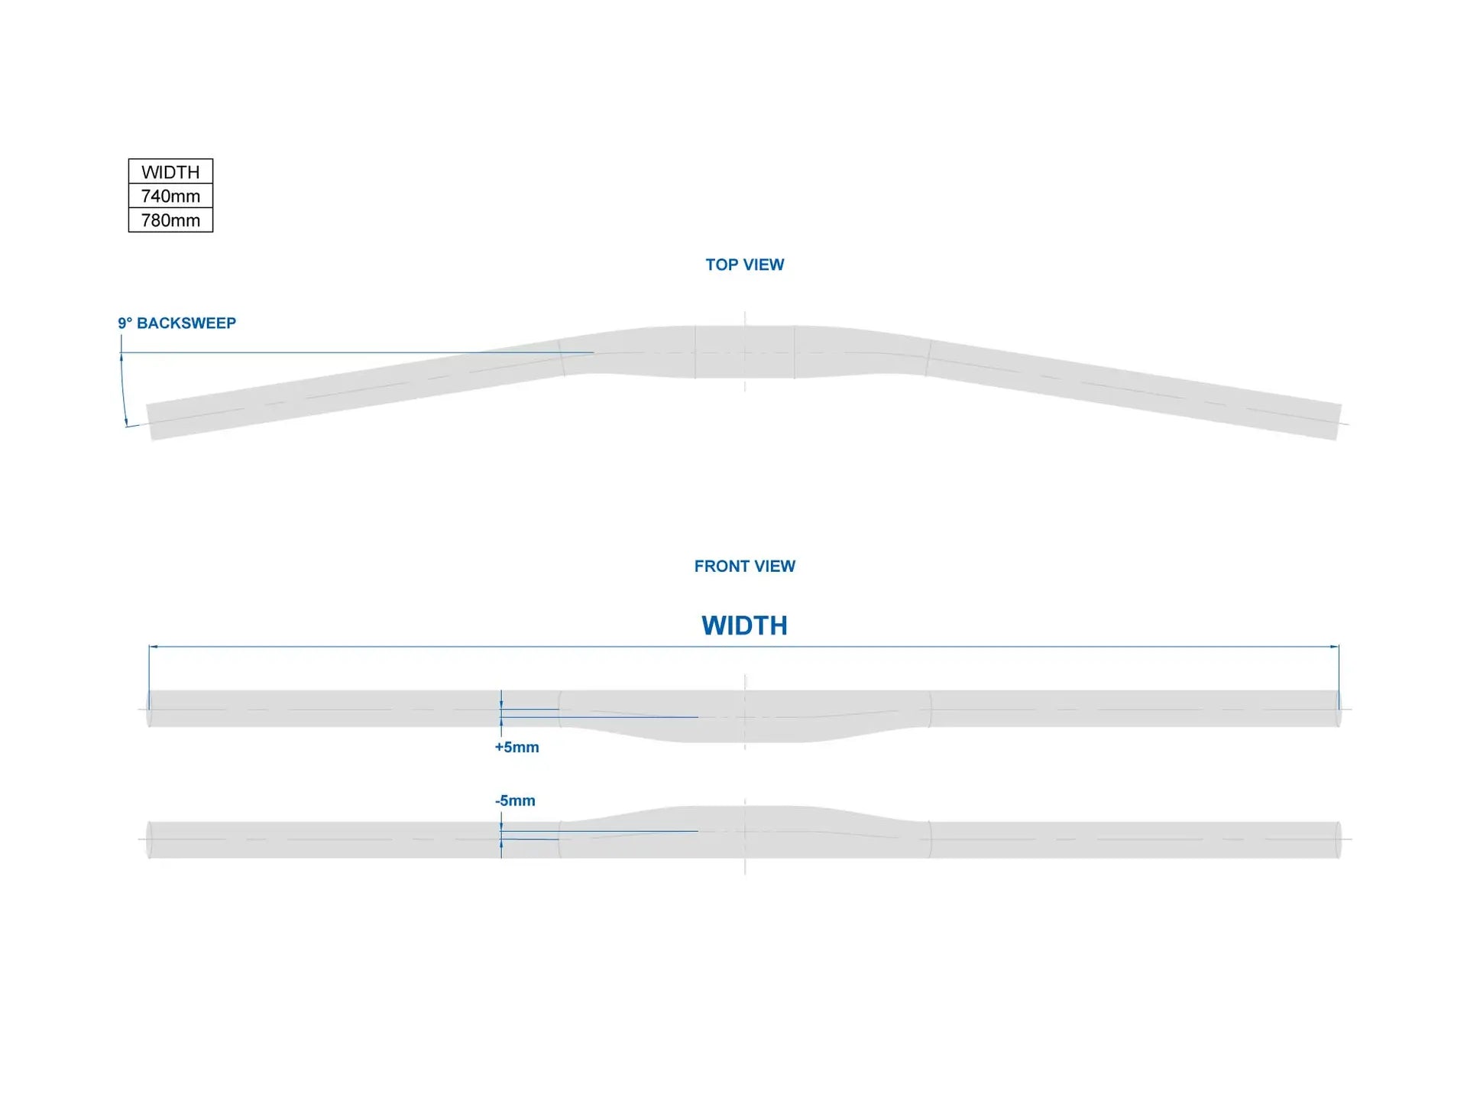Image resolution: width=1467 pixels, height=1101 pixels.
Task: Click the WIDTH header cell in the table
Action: [170, 172]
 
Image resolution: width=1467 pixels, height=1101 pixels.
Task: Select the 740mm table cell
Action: [170, 196]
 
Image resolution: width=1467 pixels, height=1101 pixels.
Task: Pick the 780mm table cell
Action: [170, 220]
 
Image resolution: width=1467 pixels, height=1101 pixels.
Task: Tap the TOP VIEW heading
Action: [744, 265]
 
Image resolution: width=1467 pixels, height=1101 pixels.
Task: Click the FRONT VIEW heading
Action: [744, 567]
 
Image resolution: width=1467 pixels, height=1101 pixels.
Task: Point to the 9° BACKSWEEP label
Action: [176, 323]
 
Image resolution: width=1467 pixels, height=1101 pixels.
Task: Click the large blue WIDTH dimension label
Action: [744, 625]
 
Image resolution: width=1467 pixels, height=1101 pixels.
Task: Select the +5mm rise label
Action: [517, 747]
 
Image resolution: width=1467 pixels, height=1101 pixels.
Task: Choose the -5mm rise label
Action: [515, 801]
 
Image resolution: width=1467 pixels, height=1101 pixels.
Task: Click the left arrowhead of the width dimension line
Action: [153, 647]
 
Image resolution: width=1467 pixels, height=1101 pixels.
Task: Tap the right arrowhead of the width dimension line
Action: [1335, 647]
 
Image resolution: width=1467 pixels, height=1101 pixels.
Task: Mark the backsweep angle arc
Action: [122, 390]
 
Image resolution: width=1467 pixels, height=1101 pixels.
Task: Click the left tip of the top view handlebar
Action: [151, 421]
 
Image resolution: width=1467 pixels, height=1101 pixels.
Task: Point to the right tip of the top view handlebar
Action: [1338, 421]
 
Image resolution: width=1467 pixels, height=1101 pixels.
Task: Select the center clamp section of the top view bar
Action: [744, 352]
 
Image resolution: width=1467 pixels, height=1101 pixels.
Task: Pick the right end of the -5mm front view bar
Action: [1338, 840]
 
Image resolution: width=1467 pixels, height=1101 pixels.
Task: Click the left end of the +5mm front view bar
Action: [150, 709]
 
